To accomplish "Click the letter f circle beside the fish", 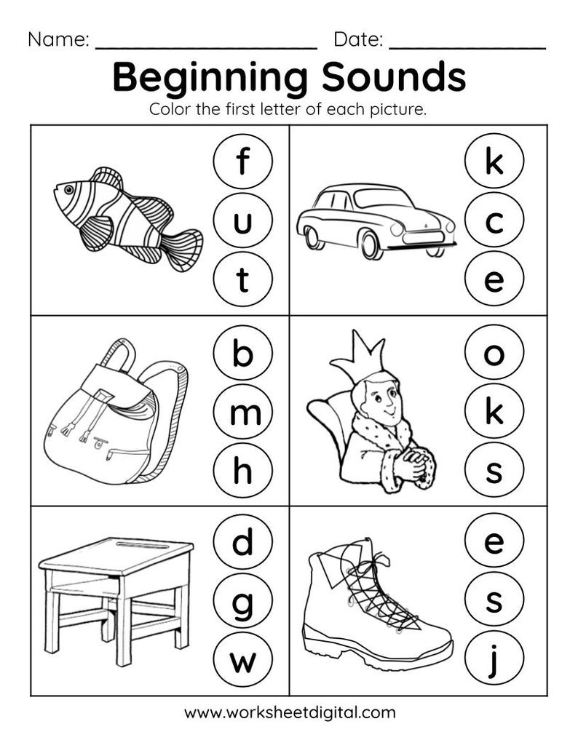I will click(x=242, y=162).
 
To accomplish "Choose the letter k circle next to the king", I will click(x=494, y=413).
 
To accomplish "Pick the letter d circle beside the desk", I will click(x=242, y=544).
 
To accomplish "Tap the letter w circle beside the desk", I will click(x=242, y=662).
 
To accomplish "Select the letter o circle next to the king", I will click(x=494, y=354).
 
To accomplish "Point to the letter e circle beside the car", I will click(x=494, y=280).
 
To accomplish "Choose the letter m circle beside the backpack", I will click(x=242, y=413).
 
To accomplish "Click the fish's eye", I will click(x=68, y=189).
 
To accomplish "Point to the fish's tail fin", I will click(x=183, y=249).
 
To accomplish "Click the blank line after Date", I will click(x=467, y=45).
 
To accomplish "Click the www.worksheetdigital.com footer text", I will click(x=290, y=712).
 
